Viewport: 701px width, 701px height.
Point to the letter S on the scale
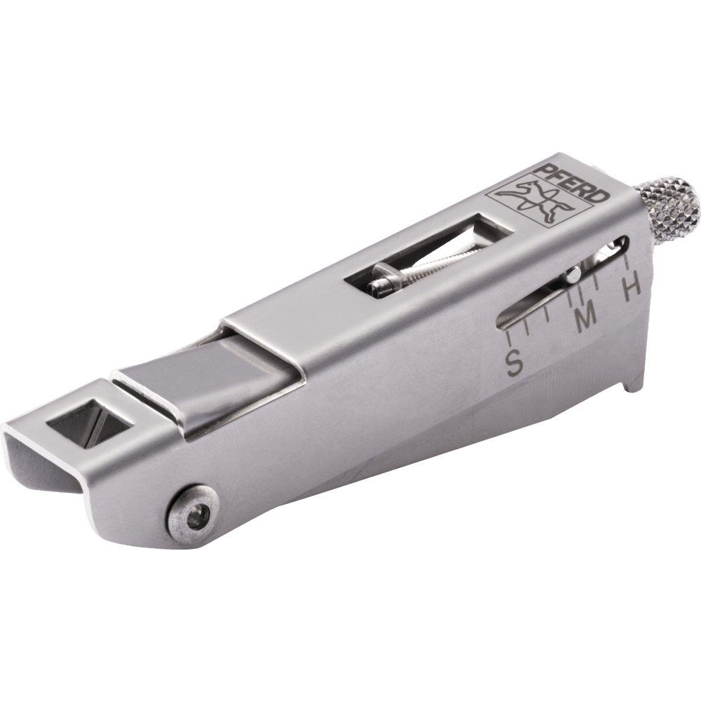tap(514, 362)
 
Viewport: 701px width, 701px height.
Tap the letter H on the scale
tap(632, 287)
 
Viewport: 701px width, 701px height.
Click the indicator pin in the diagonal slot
tap(573, 274)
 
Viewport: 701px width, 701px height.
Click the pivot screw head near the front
tap(193, 519)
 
